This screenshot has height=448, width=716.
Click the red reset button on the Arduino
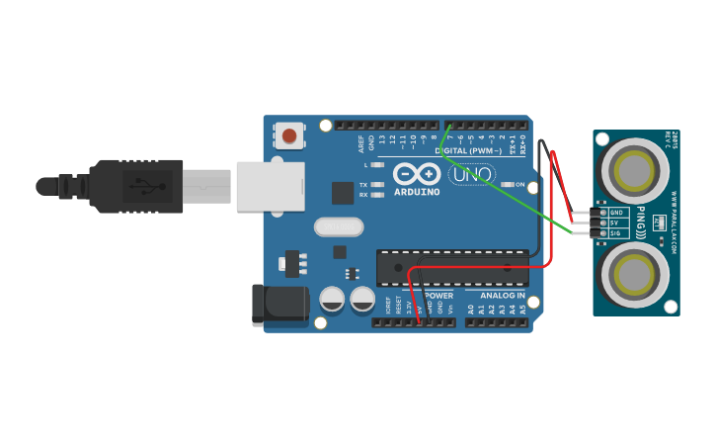tap(289, 134)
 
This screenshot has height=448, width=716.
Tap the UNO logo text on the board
tap(472, 175)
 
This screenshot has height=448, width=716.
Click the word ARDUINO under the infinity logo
tap(417, 192)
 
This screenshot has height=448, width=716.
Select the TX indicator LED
tap(376, 185)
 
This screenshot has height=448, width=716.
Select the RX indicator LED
tap(376, 195)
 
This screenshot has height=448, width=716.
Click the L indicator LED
tap(376, 165)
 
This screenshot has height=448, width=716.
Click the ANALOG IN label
tap(503, 296)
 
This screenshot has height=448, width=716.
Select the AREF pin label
tap(361, 144)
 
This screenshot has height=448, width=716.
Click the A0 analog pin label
tap(471, 310)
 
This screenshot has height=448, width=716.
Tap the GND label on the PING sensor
tap(617, 212)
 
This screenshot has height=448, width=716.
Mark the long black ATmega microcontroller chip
tap(451, 267)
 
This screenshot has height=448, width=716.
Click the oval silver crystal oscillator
tap(339, 227)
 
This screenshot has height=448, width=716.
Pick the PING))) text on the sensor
tap(641, 223)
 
